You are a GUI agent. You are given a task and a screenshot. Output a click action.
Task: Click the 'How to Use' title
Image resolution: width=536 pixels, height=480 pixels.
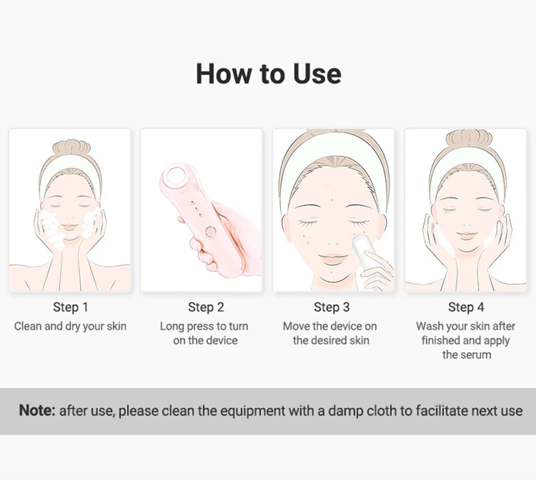pos(269,73)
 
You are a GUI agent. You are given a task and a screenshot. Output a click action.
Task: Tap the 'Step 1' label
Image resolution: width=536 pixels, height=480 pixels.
pos(71,307)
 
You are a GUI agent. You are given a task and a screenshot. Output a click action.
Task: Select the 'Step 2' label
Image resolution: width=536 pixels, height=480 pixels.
pos(206,307)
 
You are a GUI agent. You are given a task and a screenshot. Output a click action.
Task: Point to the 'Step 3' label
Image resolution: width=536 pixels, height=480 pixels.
pos(332,307)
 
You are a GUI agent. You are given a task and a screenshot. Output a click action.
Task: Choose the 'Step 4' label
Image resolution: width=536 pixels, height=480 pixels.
pos(466,307)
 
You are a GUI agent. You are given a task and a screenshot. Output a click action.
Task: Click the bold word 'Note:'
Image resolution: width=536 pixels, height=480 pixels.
pos(37,410)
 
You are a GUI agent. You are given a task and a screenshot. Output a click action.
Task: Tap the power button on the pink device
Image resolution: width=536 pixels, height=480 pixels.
pos(211,232)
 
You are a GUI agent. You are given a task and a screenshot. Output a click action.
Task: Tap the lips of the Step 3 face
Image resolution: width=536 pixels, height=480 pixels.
pos(330,257)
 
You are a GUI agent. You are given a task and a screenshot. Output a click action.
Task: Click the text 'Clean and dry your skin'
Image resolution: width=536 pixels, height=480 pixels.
pos(70,326)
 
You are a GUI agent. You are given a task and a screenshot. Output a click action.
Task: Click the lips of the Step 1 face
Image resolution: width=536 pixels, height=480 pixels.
pos(69,227)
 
